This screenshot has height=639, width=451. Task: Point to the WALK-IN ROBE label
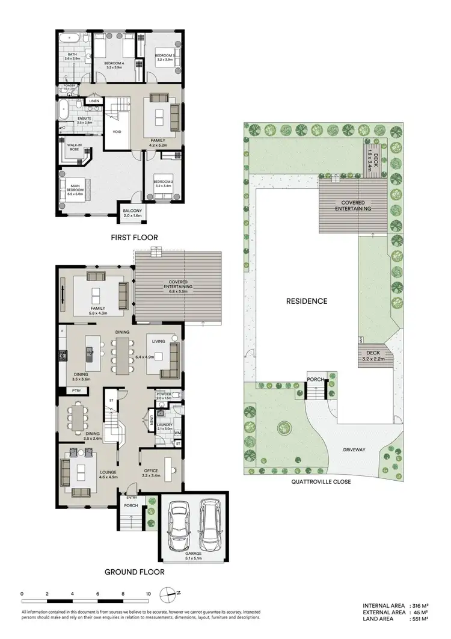(74, 147)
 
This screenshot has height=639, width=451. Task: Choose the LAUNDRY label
(165, 425)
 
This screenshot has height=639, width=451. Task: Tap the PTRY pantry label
(76, 390)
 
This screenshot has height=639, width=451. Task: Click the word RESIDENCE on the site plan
(307, 301)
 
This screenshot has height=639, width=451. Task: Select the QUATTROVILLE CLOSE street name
(321, 481)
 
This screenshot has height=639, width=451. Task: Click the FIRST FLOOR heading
(134, 238)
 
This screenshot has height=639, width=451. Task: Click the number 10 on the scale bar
(148, 594)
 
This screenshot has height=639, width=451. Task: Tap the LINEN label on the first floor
(94, 101)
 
